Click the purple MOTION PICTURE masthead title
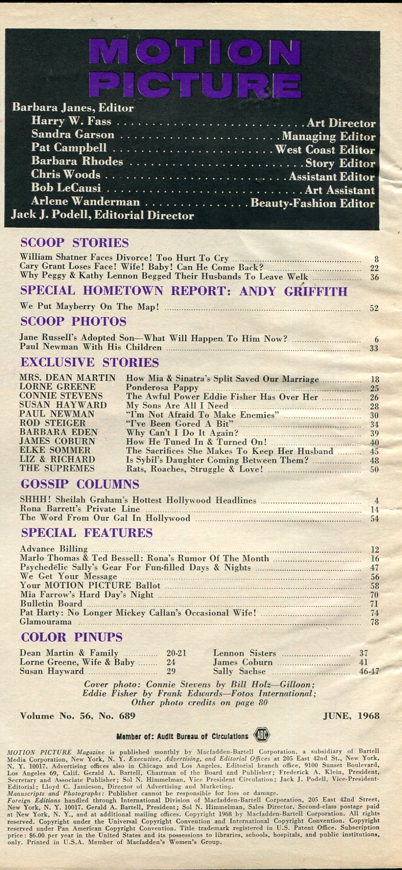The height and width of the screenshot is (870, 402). coord(195,68)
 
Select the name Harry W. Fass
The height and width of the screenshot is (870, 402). coord(71,122)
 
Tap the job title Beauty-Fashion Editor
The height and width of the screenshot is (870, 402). coord(312,203)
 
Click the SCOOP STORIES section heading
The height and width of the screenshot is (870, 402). coord(74,243)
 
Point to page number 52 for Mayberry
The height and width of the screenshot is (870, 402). coord(374,308)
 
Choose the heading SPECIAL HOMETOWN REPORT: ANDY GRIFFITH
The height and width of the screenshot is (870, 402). coord(183,291)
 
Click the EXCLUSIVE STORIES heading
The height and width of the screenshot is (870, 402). coord(90,363)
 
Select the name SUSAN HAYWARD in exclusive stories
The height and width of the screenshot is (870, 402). coord(63,405)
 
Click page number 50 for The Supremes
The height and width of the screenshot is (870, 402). coord(374,469)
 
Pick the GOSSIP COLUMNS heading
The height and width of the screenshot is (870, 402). coord(80,484)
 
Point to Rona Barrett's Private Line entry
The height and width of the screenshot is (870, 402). coord(80,509)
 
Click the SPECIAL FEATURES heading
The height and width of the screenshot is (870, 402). coord(86,533)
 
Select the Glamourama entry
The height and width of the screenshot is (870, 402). coord(46,622)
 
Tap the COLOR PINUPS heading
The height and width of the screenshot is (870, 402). coord(72,637)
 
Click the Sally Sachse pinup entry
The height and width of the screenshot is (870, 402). coord(239,671)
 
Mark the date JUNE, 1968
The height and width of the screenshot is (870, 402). coord(351,716)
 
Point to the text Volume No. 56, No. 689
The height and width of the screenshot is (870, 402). coord(77,716)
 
